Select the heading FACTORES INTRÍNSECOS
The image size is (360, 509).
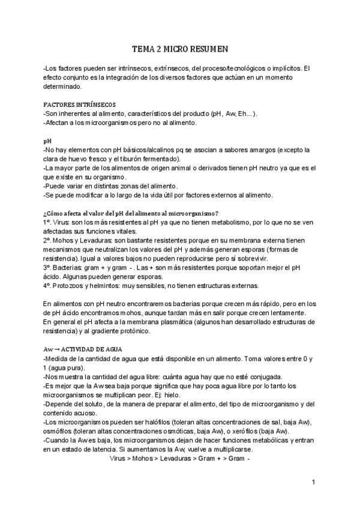(76, 104)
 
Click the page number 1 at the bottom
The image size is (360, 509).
(313, 482)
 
